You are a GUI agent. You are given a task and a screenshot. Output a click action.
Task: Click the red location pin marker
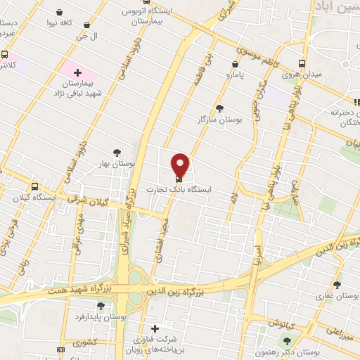(180, 165)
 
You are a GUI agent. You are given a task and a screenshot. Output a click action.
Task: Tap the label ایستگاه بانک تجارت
(179, 190)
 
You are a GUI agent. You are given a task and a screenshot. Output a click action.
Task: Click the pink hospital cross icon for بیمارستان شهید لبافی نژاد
(77, 72)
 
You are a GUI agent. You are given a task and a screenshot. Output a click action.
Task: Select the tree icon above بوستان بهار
(117, 152)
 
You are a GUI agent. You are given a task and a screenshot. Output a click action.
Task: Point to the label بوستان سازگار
(220, 120)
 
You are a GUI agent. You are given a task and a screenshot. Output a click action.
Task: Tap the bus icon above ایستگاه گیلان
(34, 186)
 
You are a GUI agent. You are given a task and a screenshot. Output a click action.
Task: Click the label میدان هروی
(302, 74)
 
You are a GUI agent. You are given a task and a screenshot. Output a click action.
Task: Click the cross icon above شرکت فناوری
(155, 328)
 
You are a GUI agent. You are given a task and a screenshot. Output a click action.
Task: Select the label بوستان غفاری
(338, 296)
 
